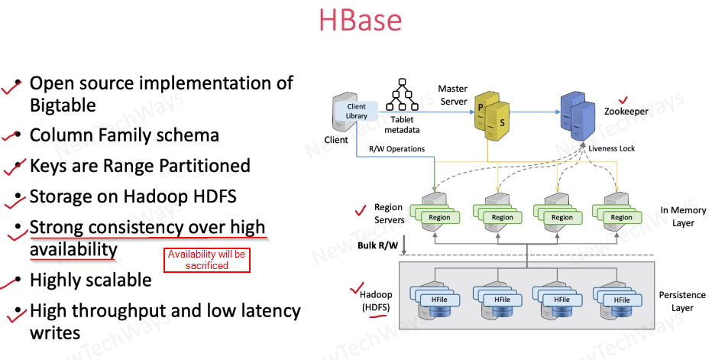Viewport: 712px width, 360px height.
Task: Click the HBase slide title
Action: (x=361, y=21)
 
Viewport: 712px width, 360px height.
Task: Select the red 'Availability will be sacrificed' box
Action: (x=206, y=260)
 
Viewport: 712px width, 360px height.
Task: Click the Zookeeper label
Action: (x=626, y=112)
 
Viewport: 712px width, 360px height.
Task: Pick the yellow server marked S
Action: (x=502, y=122)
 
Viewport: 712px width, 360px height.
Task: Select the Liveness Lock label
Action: (x=611, y=148)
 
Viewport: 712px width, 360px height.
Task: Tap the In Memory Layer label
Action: (x=678, y=216)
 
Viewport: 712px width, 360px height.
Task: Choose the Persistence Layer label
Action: (x=678, y=301)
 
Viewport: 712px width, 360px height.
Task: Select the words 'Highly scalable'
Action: (x=90, y=280)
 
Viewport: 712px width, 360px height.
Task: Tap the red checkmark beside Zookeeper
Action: (x=622, y=99)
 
